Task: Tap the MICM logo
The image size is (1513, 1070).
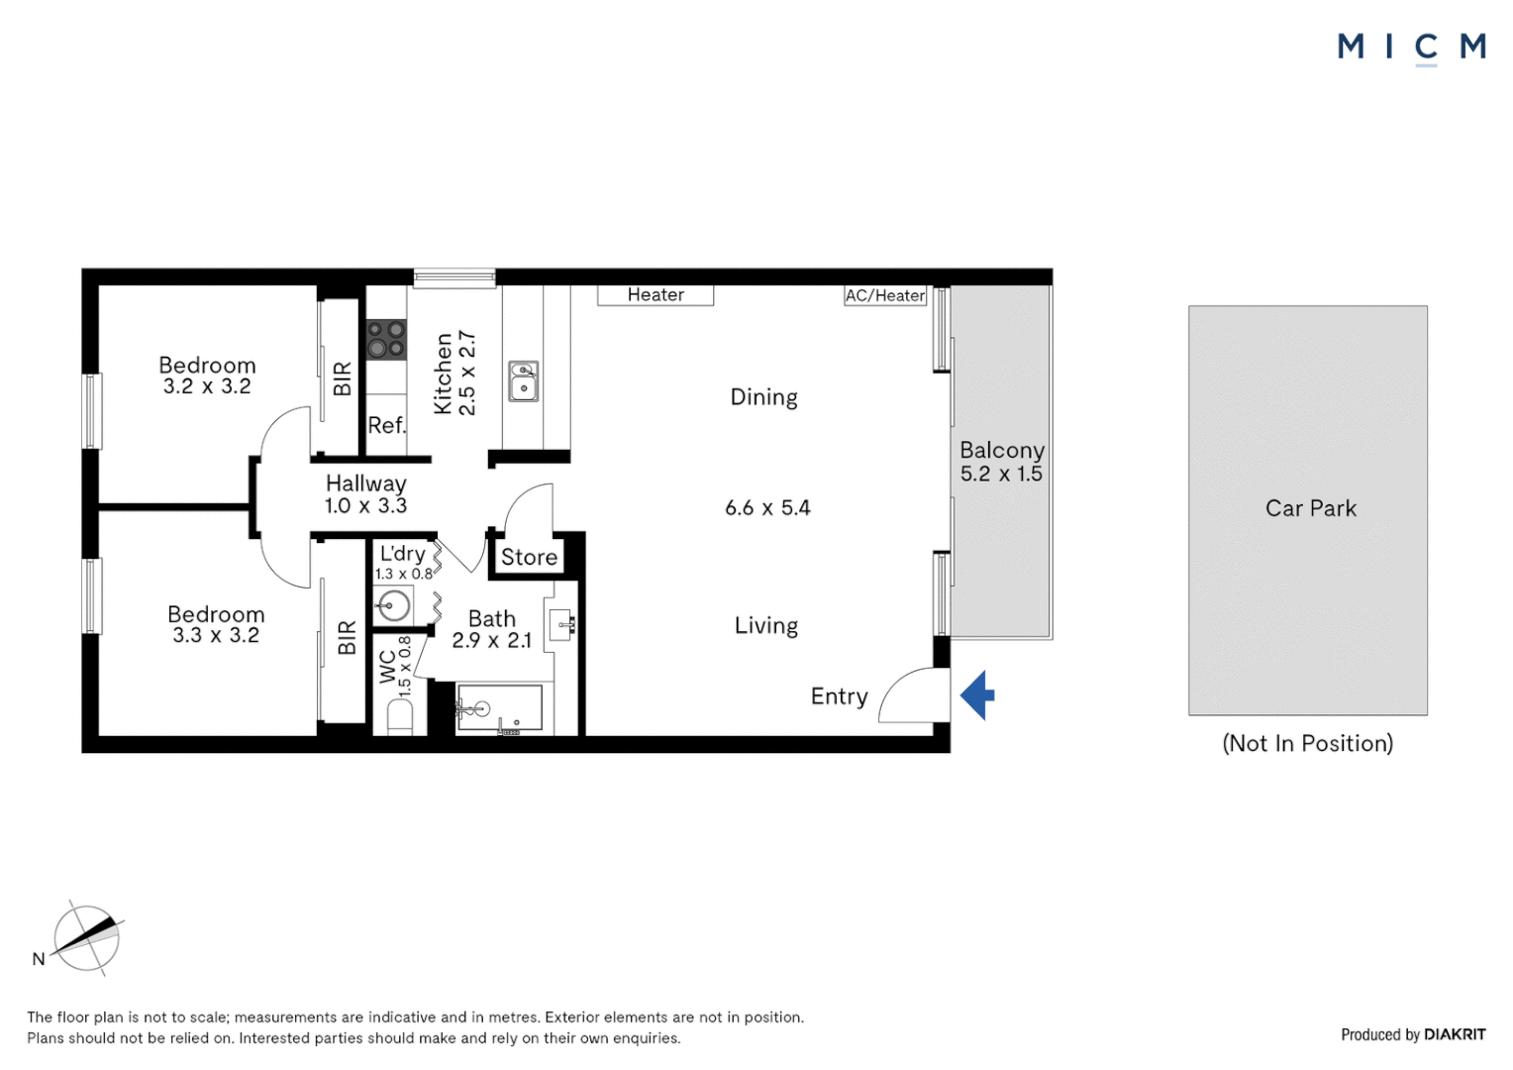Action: [1411, 47]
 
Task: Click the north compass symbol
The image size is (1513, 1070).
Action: [86, 938]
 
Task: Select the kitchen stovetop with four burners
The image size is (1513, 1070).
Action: [386, 338]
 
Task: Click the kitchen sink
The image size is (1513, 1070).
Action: [523, 380]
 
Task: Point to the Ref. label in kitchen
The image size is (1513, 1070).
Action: [386, 425]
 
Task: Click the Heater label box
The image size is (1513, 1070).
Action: [656, 295]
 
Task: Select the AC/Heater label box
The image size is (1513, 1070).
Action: [885, 295]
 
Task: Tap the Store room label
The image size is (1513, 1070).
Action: [529, 557]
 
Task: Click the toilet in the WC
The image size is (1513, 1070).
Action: [399, 715]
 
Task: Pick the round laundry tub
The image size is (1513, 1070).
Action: [394, 605]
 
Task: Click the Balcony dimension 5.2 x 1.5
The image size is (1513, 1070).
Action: [1001, 474]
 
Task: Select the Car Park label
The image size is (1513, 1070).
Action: [1310, 508]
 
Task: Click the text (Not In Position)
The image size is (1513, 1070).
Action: [1307, 743]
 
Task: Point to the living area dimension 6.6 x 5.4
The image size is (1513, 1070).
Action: [767, 508]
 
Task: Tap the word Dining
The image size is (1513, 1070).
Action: [763, 397]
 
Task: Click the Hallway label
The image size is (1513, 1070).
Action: [365, 483]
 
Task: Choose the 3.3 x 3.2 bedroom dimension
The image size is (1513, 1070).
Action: [216, 635]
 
